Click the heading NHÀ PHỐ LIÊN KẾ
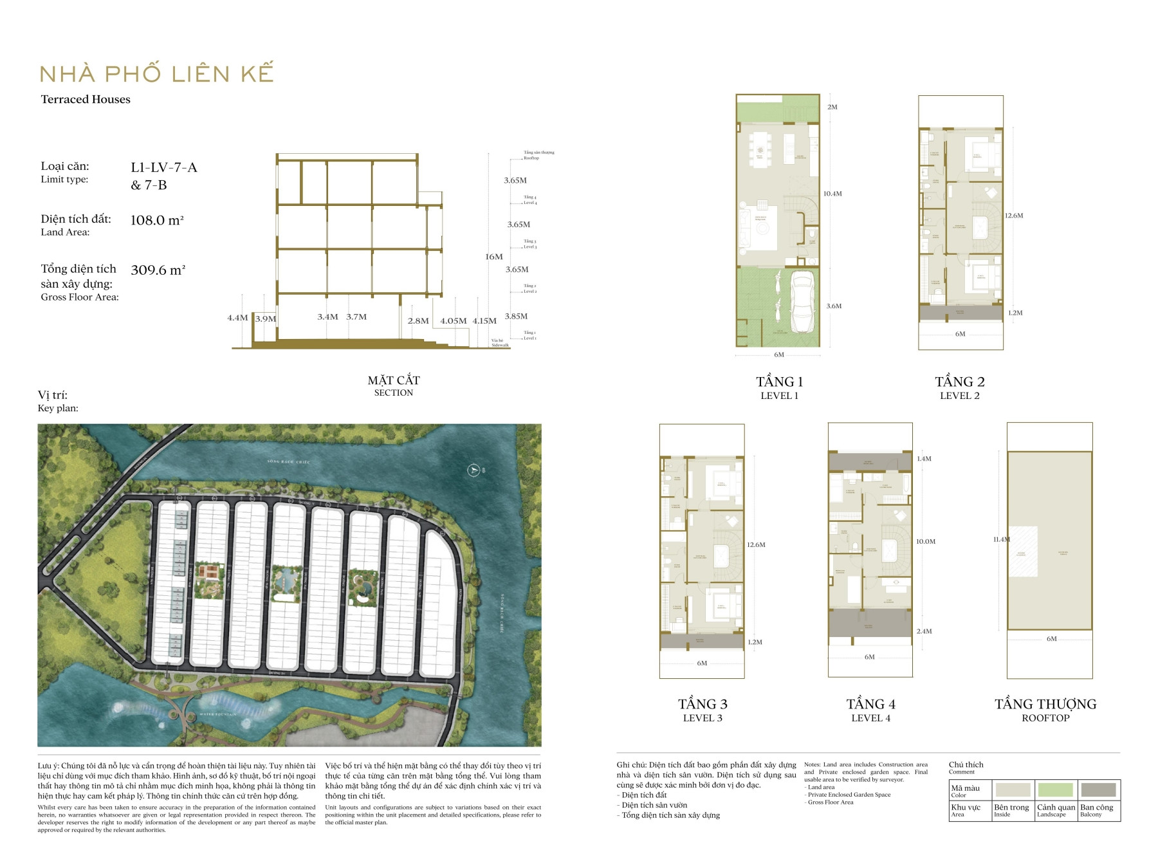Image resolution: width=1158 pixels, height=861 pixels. [156, 73]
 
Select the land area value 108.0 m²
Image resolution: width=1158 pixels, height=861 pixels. [157, 220]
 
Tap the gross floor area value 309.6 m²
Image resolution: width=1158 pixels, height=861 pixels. [158, 270]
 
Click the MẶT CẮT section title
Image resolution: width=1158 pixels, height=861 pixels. [394, 380]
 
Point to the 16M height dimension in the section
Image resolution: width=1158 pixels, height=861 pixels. [494, 257]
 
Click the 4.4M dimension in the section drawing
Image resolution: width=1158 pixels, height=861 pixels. [237, 318]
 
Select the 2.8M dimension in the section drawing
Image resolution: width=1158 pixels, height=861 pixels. [418, 320]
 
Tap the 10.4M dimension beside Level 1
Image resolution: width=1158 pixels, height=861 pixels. [832, 194]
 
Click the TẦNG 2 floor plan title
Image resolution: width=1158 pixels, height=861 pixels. [960, 382]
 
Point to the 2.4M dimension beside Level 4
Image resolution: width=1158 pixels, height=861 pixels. [924, 631]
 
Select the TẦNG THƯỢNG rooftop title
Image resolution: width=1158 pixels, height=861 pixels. [1045, 704]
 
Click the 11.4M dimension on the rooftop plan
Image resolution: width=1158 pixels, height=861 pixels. [1001, 539]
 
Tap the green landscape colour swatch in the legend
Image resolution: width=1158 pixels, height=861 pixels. [1055, 790]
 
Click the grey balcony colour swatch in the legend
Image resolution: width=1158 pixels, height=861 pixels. [1098, 790]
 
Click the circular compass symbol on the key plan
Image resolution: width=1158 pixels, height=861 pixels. [474, 470]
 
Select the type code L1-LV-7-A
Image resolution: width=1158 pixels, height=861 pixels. [163, 168]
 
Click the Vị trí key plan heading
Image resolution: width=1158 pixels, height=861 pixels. [52, 395]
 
